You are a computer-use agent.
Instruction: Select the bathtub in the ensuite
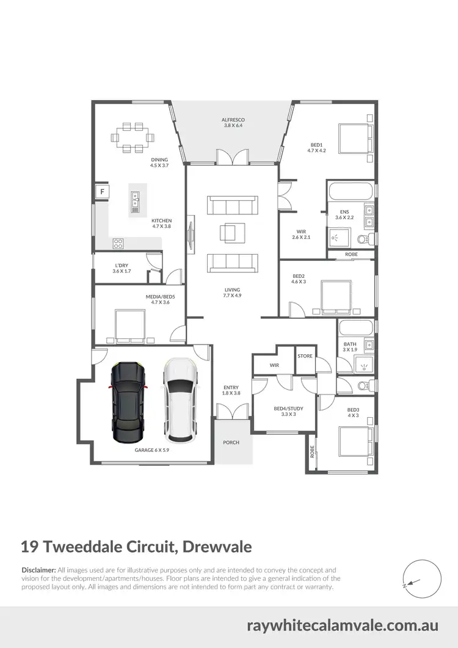coord(350,191)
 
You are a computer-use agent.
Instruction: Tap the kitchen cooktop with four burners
coord(118,243)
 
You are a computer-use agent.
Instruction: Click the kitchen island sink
coord(135,199)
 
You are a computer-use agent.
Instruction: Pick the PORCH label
coord(231,442)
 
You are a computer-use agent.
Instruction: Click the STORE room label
coord(305,356)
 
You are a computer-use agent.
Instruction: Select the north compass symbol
coord(421,577)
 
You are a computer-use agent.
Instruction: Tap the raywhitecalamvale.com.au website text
coord(343,625)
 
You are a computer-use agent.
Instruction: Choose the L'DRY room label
coord(120,266)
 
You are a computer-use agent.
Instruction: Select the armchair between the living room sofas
coord(232,233)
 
